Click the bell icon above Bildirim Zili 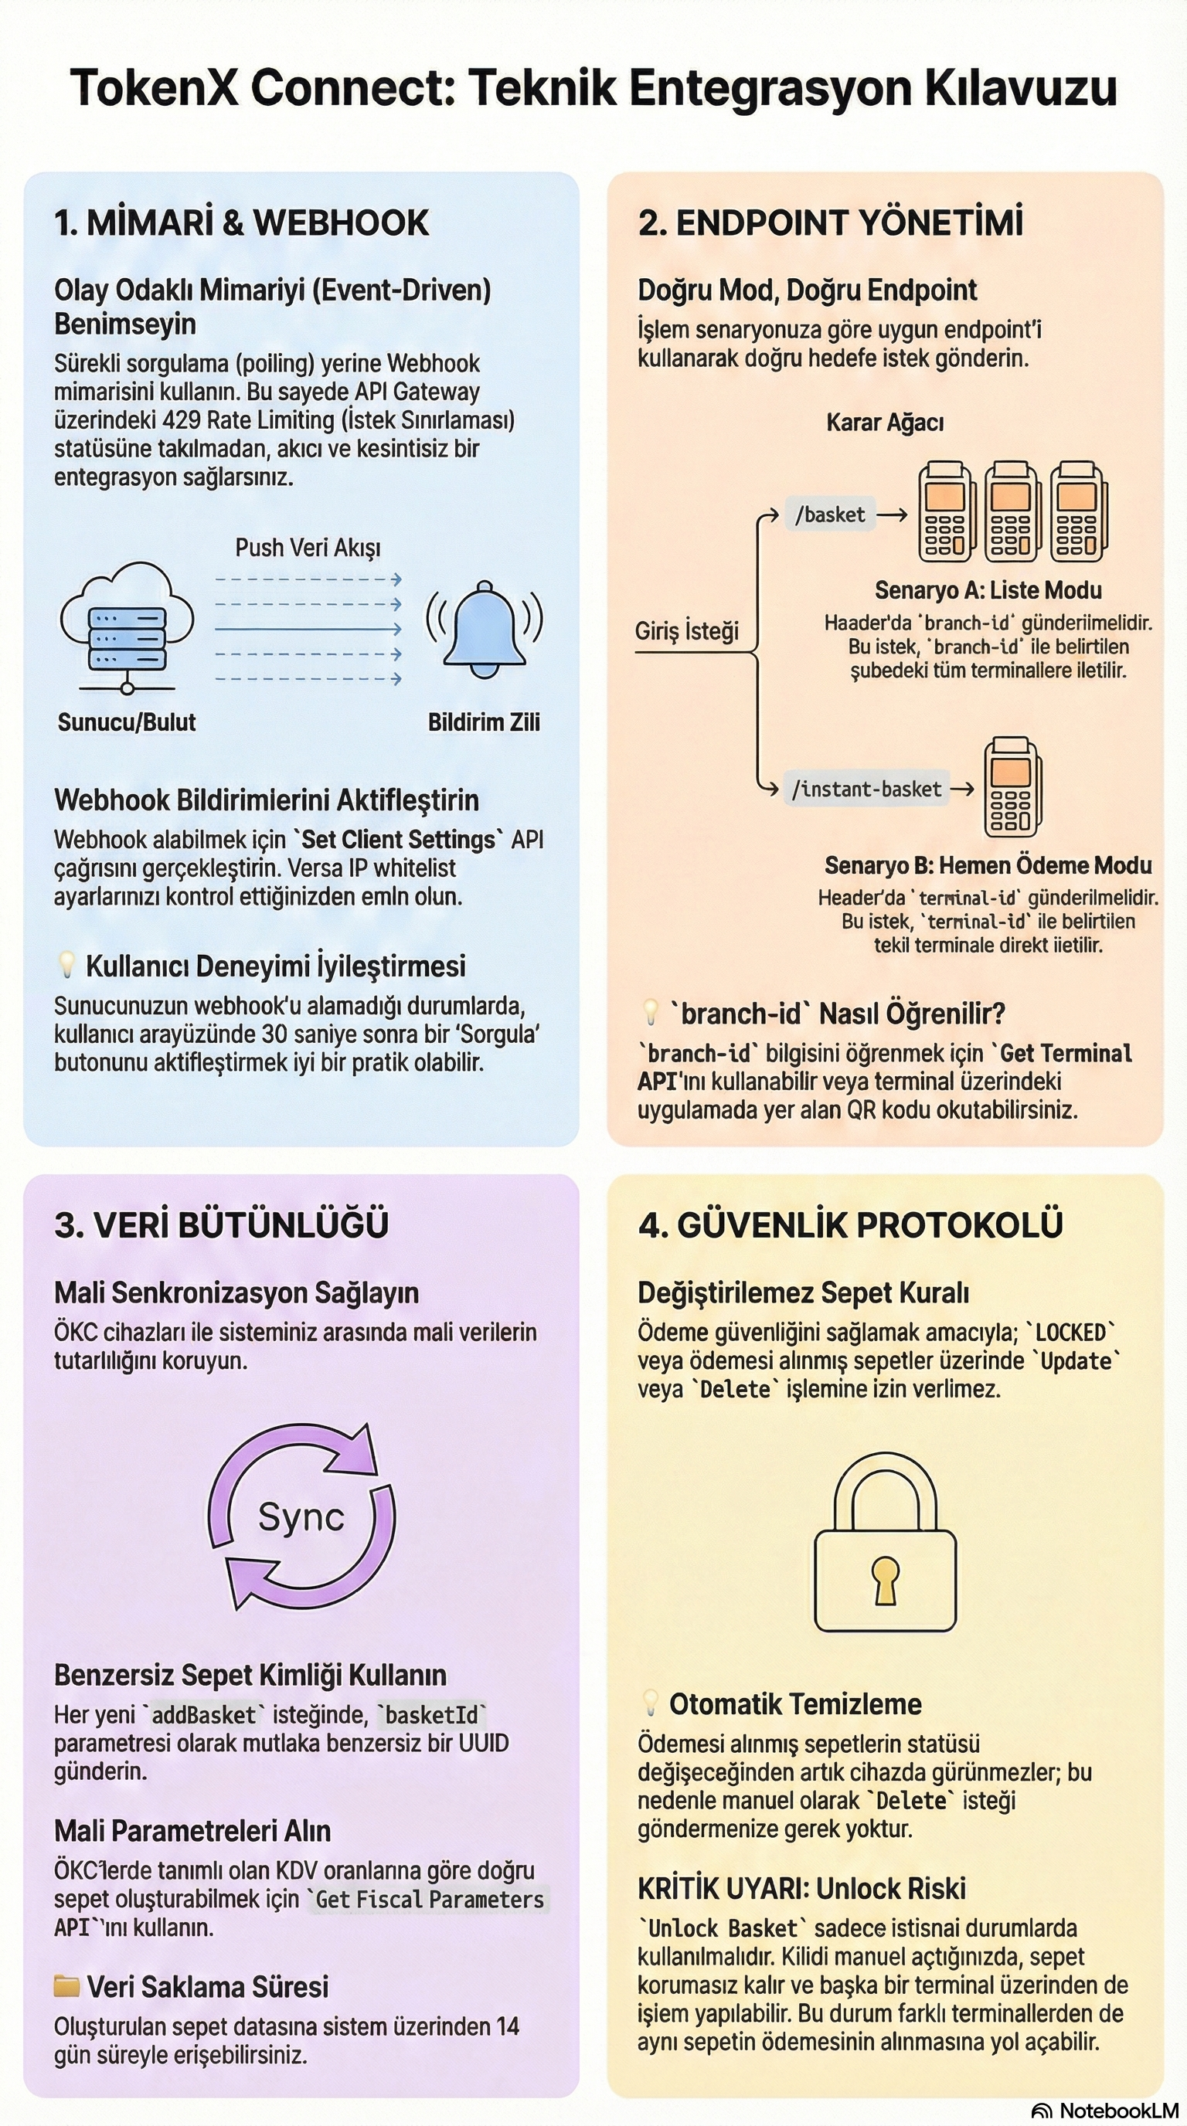[485, 627]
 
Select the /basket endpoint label [829, 515]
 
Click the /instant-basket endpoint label [866, 790]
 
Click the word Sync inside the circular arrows [301, 1517]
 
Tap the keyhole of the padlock [885, 1578]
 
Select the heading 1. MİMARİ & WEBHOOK [242, 222]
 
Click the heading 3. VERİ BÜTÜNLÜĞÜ [221, 1224]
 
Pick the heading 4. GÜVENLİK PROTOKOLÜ [850, 1224]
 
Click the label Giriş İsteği [687, 631]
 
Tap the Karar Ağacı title [885, 423]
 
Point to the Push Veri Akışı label [308, 547]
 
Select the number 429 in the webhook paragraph [181, 420]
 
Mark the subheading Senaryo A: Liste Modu [988, 590]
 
